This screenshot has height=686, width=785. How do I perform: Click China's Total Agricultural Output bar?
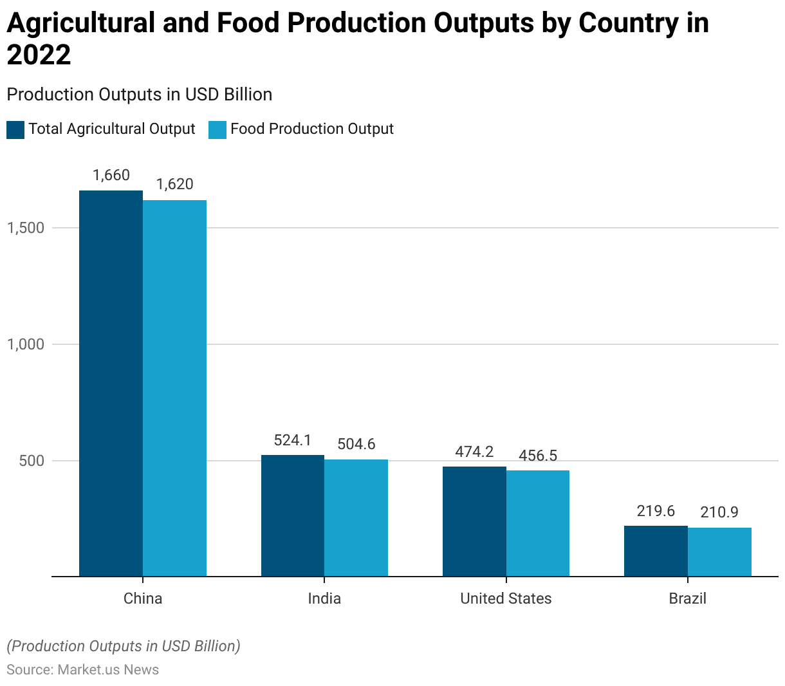pos(111,383)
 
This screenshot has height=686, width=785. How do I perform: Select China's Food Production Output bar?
pos(174,388)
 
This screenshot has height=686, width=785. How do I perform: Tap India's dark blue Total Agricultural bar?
pos(293,515)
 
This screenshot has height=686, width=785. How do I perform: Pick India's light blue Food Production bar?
pos(356,517)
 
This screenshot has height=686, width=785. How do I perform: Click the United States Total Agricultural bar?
pos(474,521)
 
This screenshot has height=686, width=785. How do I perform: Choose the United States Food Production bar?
pos(538,523)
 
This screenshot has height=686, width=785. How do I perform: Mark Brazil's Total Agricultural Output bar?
pos(656,551)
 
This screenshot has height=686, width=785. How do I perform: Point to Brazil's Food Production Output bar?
pos(719,552)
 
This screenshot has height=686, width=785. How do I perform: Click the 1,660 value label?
pos(111,175)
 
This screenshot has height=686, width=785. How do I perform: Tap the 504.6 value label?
pos(356,444)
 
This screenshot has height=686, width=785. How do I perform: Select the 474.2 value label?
pos(474,452)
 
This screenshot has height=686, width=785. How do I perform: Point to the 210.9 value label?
pos(719,512)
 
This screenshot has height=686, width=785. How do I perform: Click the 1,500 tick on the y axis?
pos(26,228)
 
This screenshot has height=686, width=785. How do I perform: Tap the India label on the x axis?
pos(324,598)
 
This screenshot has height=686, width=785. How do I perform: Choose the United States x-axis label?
pos(506,598)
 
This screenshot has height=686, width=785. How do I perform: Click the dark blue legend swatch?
pos(15,129)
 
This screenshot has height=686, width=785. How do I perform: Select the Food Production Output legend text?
pos(312,129)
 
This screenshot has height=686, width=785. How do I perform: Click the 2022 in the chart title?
pos(39,55)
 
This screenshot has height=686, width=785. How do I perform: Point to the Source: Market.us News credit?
pos(83,670)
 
